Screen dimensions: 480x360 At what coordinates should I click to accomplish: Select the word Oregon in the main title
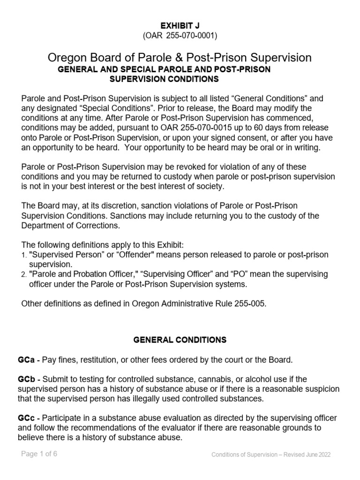(x=66, y=58)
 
